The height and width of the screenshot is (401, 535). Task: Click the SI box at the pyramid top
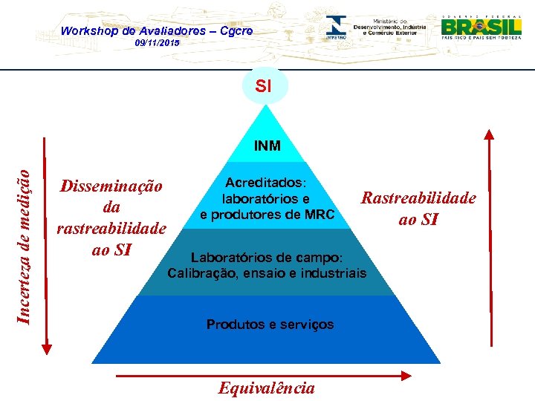click(x=263, y=86)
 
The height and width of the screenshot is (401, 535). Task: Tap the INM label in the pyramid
click(x=267, y=146)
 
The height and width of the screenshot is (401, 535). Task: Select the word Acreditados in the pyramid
click(x=264, y=182)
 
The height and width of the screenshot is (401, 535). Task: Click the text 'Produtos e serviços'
click(x=270, y=324)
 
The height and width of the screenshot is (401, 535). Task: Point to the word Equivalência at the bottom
click(x=266, y=388)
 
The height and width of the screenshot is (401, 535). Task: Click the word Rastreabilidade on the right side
click(x=418, y=198)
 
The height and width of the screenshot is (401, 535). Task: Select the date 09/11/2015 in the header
click(x=157, y=44)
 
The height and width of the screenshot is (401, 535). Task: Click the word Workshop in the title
click(x=88, y=30)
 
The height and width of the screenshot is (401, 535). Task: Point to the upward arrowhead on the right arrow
click(x=488, y=135)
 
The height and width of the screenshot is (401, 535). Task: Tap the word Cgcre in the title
click(x=236, y=30)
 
